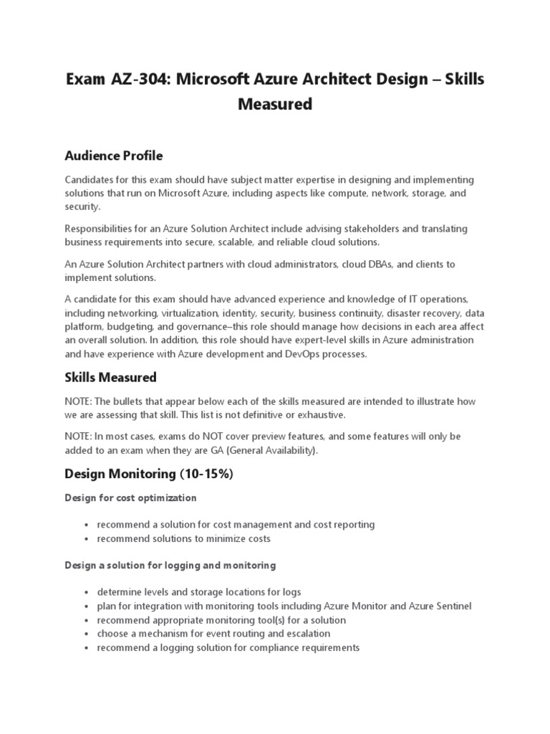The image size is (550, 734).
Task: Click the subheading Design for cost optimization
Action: point(130,497)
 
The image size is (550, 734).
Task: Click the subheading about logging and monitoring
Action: point(170,566)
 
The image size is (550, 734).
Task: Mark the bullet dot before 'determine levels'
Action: point(86,593)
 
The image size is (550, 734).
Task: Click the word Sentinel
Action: point(451,606)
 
